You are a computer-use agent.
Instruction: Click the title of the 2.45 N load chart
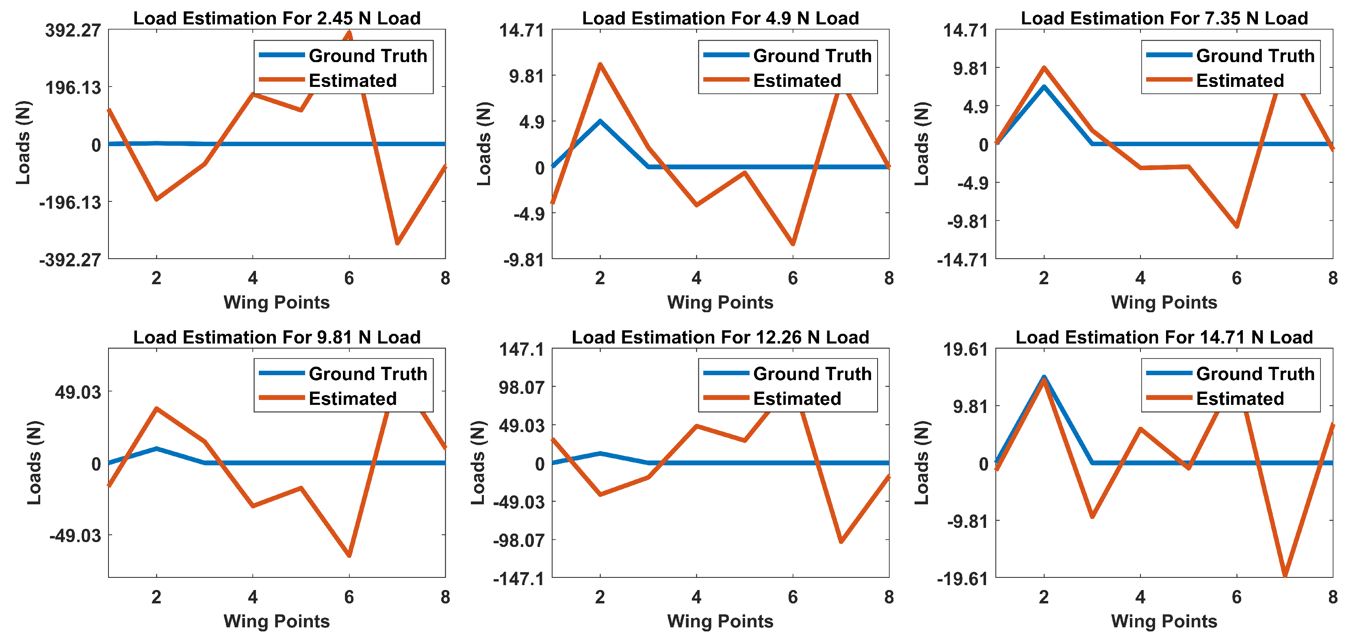tap(277, 18)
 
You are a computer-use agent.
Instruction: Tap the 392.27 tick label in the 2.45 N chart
tap(73, 30)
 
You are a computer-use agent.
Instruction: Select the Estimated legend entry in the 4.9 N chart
tap(796, 80)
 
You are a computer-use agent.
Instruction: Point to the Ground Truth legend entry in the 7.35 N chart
tap(1255, 55)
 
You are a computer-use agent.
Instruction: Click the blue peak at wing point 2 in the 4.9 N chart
tap(600, 121)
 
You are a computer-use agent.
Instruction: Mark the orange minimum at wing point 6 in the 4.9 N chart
tap(793, 244)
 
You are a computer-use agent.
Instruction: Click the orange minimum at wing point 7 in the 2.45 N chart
tap(397, 243)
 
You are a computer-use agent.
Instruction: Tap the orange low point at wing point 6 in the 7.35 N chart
tap(1236, 227)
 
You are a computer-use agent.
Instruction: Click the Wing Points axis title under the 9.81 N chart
tap(277, 621)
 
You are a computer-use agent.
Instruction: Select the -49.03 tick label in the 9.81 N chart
tap(75, 536)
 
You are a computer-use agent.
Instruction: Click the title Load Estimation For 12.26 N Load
tap(720, 337)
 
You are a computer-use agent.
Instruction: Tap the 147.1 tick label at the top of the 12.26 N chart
tap(522, 349)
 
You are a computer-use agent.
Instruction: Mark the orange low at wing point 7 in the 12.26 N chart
tap(841, 541)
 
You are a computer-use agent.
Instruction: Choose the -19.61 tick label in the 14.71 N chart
tap(962, 579)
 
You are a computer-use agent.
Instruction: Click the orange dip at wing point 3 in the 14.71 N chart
tap(1092, 516)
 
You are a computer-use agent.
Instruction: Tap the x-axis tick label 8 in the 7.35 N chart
tap(1333, 278)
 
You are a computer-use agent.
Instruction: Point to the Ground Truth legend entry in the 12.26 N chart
tap(812, 373)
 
